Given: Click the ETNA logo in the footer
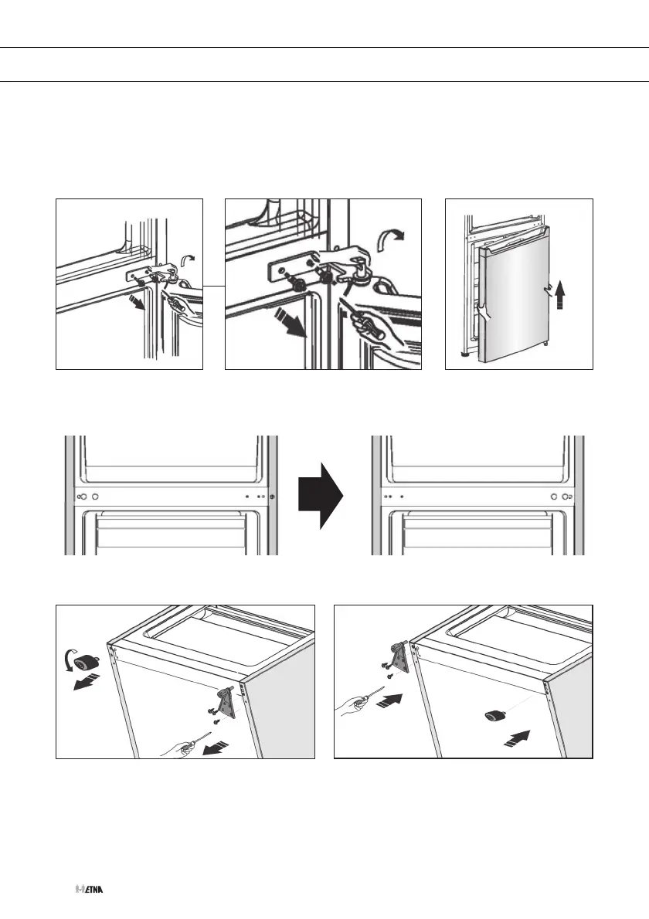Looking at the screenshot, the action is pos(90,890).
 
